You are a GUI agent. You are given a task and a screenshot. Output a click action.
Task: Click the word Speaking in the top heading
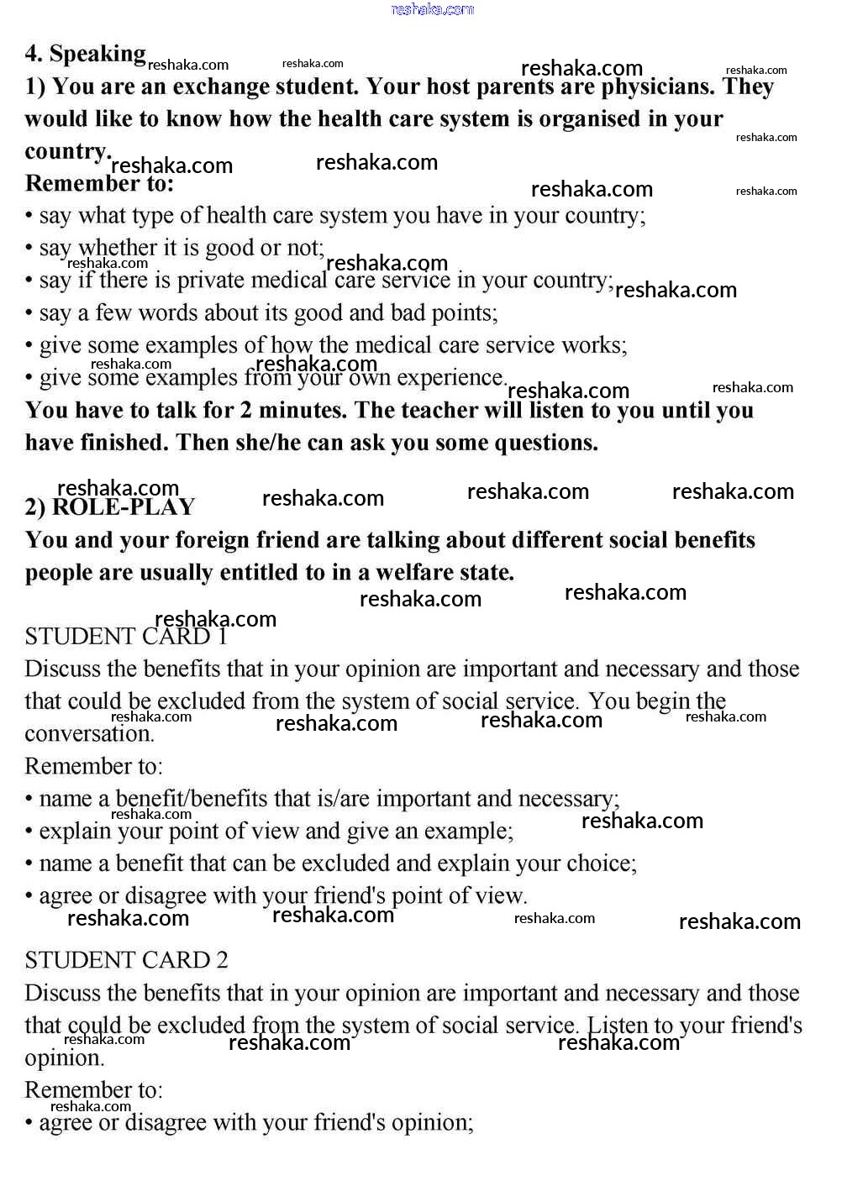97,55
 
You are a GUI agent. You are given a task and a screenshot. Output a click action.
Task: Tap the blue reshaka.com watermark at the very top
432,9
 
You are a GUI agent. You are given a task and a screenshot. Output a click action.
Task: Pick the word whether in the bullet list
118,248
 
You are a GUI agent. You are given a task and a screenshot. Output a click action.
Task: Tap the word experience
450,377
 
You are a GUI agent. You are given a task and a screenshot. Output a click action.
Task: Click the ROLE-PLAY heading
123,507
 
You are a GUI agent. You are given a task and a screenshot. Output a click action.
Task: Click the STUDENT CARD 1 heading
126,637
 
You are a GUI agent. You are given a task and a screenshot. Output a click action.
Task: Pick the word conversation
89,734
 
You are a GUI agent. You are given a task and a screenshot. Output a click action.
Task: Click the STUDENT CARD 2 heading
126,960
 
